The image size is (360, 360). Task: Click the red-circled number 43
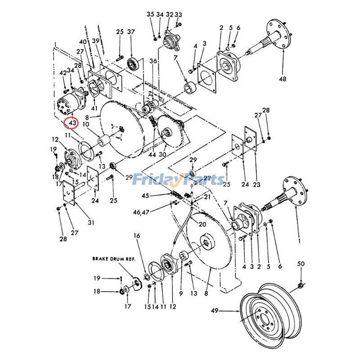coord(72,122)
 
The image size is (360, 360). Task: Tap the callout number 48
coord(282,79)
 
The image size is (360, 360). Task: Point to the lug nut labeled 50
coord(300,286)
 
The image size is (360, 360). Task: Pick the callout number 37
coord(131,32)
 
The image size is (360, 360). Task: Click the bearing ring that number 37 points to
coord(133,63)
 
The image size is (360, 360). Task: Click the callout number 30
coord(162,154)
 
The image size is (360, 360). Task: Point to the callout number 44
coord(152,154)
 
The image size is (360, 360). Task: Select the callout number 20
coord(202,225)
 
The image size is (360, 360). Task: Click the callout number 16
coord(137,235)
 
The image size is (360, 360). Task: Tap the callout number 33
coord(178,15)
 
